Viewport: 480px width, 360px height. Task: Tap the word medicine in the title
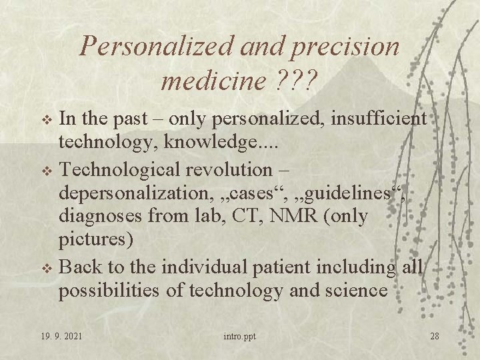pos(213,82)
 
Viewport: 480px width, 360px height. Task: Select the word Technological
pos(134,169)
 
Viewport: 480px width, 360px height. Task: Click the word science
pos(355,291)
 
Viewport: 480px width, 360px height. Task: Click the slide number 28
pos(434,335)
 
